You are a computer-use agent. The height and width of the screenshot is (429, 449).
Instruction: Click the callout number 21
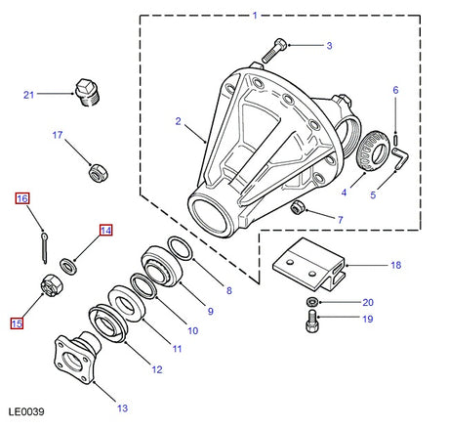point(28,94)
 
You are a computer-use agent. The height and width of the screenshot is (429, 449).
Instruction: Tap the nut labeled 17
point(99,173)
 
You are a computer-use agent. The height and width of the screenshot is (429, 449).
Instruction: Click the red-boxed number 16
point(22,199)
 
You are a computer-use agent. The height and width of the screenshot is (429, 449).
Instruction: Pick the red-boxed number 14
point(104,232)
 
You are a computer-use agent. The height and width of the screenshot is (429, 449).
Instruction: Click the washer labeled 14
point(69,263)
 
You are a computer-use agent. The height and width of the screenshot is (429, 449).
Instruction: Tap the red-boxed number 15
point(18,323)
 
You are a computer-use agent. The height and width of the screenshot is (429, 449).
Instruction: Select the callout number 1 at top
point(255,16)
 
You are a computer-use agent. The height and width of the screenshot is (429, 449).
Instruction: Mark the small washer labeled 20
point(309,302)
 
